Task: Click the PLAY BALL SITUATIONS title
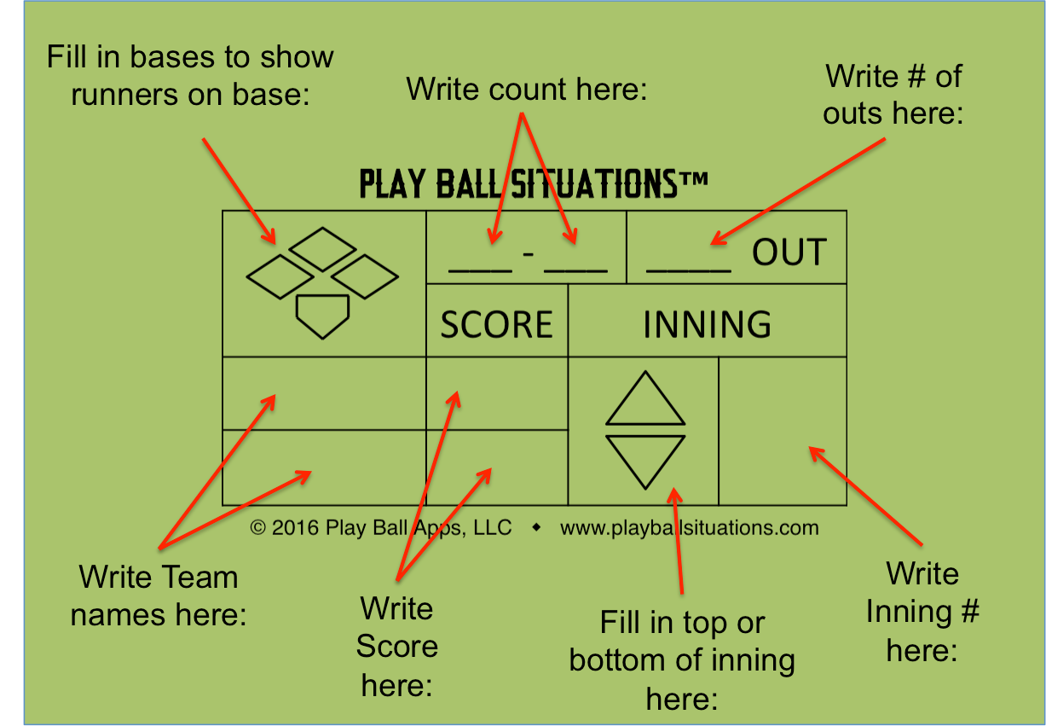click(x=534, y=183)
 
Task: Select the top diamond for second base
click(x=322, y=249)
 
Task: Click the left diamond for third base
click(x=280, y=276)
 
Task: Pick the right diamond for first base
click(x=365, y=276)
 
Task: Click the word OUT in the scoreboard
click(x=789, y=253)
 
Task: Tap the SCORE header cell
click(x=496, y=324)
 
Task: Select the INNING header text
click(x=707, y=324)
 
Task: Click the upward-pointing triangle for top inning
click(x=645, y=401)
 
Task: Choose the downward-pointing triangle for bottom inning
click(x=645, y=458)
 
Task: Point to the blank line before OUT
click(x=688, y=268)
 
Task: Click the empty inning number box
click(x=783, y=431)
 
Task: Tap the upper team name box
click(x=324, y=393)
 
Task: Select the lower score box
click(x=497, y=468)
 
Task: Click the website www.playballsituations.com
click(x=689, y=528)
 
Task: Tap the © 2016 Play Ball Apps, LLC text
click(x=381, y=528)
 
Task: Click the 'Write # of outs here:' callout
click(x=893, y=94)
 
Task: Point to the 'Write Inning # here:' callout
click(x=922, y=612)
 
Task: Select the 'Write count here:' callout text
click(x=527, y=89)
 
